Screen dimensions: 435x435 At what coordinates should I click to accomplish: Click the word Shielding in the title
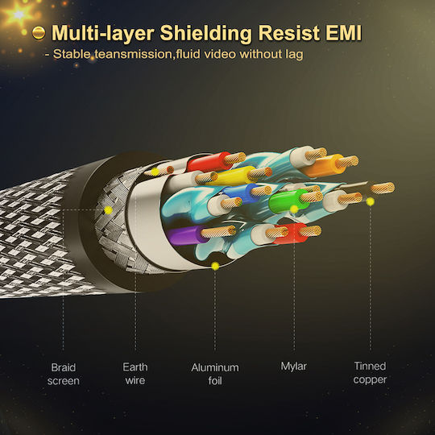tap(206, 34)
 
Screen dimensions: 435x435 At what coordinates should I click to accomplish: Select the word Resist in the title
tap(289, 33)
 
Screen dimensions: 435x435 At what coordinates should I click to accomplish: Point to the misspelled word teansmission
tap(134, 54)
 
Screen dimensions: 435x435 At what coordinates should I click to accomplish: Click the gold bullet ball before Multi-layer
tap(39, 33)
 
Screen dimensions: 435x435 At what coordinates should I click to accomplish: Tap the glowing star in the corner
tap(19, 14)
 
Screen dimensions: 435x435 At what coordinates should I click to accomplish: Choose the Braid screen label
tap(64, 374)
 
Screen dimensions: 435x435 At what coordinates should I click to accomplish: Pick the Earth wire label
tap(135, 374)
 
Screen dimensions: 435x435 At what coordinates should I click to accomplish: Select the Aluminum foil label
tap(215, 374)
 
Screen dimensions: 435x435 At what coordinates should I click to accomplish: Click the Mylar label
tap(293, 367)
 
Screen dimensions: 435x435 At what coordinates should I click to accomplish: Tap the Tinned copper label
tap(370, 373)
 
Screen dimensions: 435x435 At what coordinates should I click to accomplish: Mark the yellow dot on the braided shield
tap(108, 210)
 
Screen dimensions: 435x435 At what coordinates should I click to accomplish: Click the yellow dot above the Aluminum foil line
tap(215, 267)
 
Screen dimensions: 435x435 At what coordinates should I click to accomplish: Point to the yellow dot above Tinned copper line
tap(370, 201)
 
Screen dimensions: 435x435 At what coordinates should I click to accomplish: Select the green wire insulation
tap(286, 201)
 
